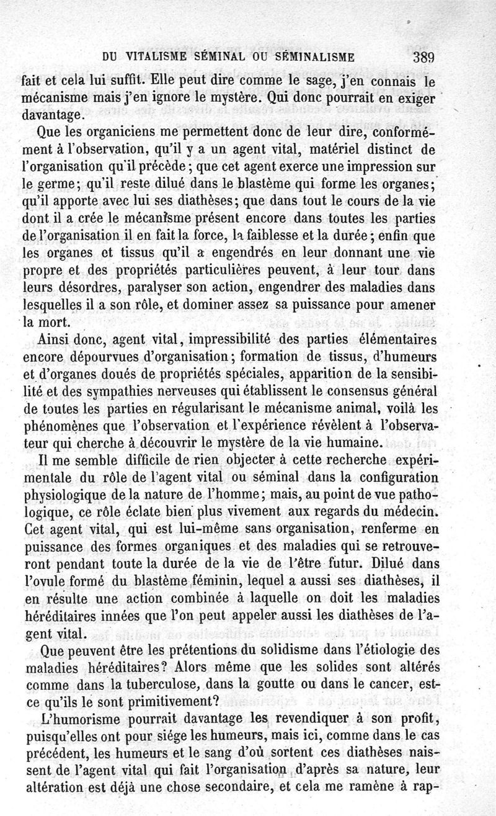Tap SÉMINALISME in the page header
314,58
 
